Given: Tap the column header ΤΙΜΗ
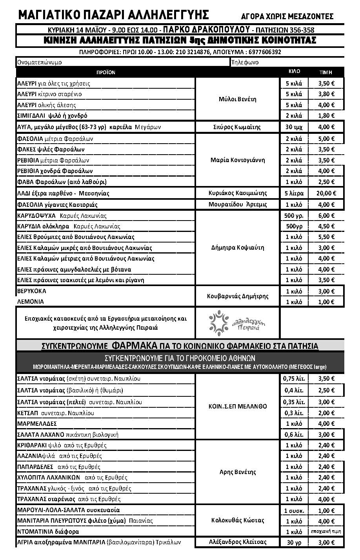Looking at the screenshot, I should [326, 72].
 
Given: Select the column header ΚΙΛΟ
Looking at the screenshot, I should [294, 71].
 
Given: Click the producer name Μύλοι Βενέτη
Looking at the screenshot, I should [237, 99].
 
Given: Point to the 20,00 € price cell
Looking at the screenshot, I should [326, 193].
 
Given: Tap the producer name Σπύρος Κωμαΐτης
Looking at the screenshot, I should [237, 127].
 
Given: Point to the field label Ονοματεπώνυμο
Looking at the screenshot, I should [40, 62].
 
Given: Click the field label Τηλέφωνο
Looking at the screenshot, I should [245, 62].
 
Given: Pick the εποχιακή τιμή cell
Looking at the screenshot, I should [326, 531].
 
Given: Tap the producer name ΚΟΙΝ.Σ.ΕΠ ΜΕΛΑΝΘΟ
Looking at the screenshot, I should [237, 406].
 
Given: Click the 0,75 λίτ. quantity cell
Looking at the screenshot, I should [294, 379].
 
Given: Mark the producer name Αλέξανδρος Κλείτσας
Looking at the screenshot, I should [237, 542].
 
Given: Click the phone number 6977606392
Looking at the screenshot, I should [264, 52].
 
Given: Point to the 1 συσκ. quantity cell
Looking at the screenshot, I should [294, 511].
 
